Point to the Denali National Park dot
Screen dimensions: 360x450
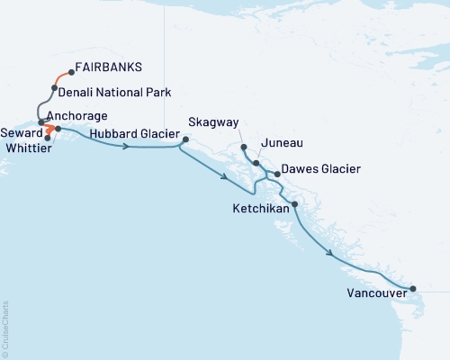55,87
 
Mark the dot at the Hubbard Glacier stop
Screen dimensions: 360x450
184,139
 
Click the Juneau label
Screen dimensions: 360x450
276,143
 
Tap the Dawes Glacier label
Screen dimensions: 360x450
321,168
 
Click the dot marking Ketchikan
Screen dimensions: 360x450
295,205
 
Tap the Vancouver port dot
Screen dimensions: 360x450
413,289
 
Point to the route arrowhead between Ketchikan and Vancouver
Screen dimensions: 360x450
335,255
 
